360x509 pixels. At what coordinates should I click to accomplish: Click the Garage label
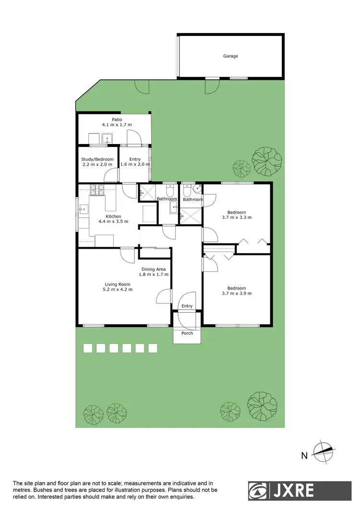click(x=230, y=56)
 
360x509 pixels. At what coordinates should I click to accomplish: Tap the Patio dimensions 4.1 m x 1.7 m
click(x=117, y=125)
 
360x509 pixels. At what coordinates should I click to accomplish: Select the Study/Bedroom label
click(x=98, y=159)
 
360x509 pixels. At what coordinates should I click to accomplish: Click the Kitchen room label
click(x=113, y=216)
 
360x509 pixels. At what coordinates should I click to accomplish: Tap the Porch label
click(x=187, y=333)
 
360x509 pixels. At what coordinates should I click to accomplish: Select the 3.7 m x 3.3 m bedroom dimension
click(x=237, y=218)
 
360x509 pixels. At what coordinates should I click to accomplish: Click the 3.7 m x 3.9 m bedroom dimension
click(x=237, y=293)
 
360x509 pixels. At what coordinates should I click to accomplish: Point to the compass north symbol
click(x=324, y=451)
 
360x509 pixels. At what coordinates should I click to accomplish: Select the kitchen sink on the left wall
click(x=84, y=209)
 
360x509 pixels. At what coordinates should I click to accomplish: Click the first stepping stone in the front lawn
click(x=88, y=348)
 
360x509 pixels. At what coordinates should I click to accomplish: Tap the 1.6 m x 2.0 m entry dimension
click(x=135, y=164)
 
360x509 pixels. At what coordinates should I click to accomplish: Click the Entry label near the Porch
click(x=187, y=306)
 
